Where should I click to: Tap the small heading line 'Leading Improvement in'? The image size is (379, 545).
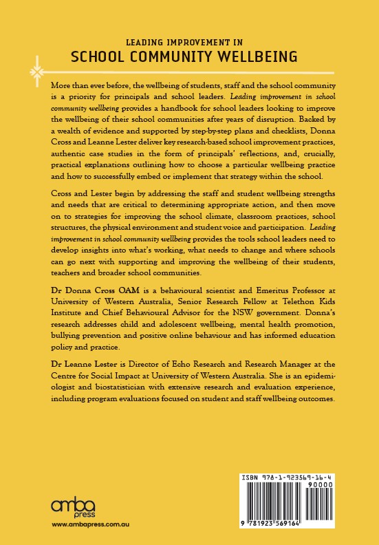click(189, 40)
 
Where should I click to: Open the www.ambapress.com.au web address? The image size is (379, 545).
click(85, 526)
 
